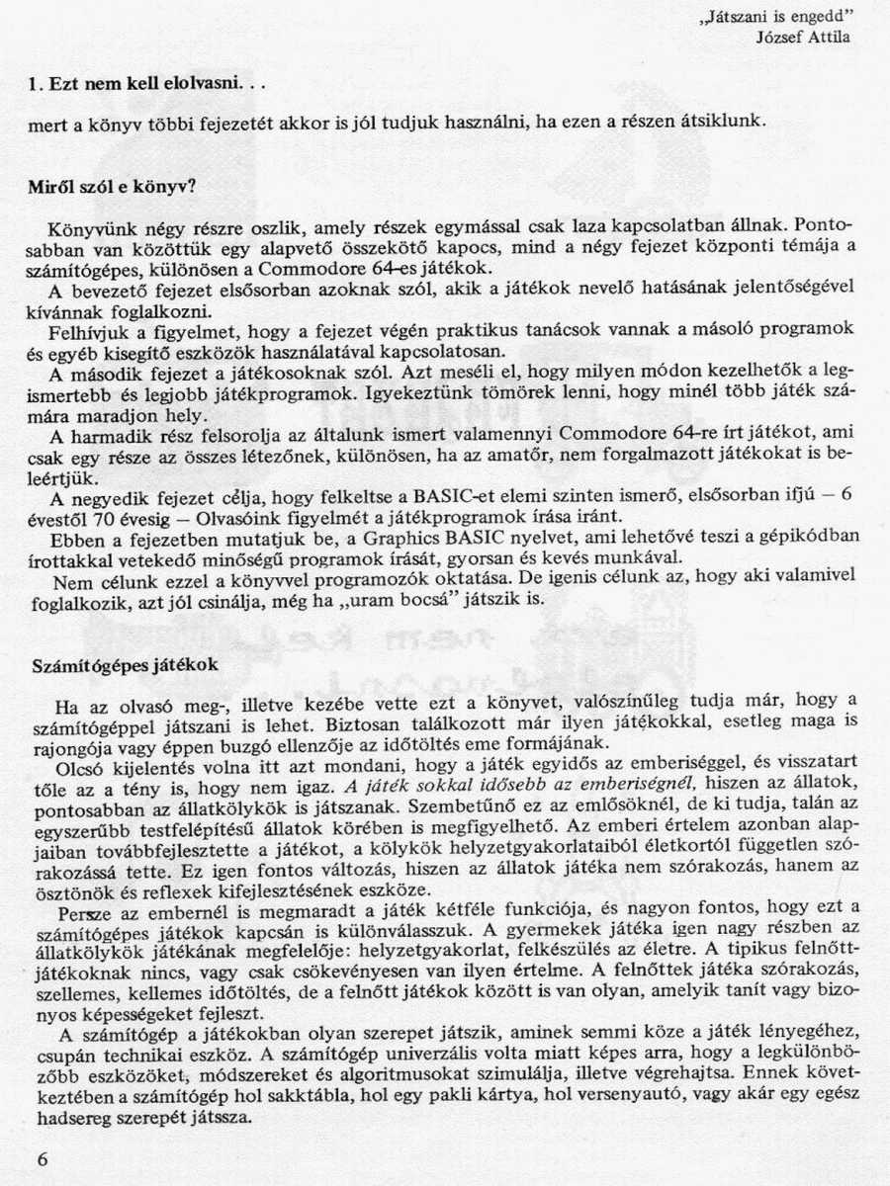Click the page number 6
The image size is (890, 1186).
click(x=41, y=1159)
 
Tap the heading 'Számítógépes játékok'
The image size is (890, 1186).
click(x=124, y=665)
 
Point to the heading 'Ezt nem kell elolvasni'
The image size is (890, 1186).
click(x=138, y=85)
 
